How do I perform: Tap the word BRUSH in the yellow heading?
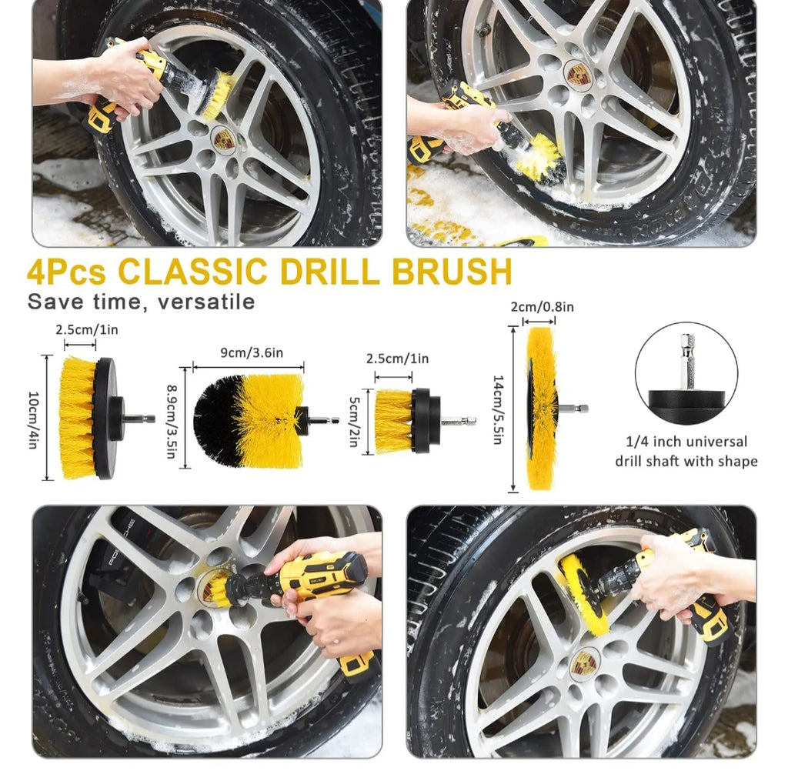(x=452, y=272)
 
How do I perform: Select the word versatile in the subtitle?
(x=206, y=302)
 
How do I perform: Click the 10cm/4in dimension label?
(x=33, y=420)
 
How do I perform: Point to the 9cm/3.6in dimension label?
(x=252, y=353)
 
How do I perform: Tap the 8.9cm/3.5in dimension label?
(x=172, y=422)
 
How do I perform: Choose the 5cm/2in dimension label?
(x=355, y=422)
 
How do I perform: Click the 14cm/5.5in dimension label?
(x=498, y=409)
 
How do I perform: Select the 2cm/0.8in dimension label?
(x=543, y=306)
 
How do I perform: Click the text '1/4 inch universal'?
(x=686, y=442)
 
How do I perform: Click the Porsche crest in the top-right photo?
(x=578, y=74)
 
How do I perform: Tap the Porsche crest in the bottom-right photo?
(x=584, y=664)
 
